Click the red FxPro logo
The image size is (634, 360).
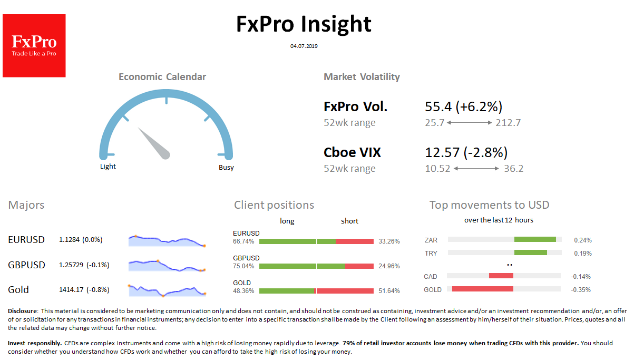[x=34, y=46]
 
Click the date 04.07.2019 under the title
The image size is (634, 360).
[x=304, y=46]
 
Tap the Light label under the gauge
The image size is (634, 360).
[x=108, y=167]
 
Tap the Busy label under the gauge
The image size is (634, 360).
[x=226, y=168]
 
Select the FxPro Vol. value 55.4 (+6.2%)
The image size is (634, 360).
[x=463, y=107]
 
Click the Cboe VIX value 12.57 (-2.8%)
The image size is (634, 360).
[x=466, y=153]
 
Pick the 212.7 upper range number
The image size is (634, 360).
[x=508, y=123]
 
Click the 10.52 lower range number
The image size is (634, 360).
[x=437, y=169]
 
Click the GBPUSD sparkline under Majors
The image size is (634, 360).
[x=167, y=265]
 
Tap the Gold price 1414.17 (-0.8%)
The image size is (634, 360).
[x=84, y=289]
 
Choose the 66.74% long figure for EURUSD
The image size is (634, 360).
[x=243, y=241]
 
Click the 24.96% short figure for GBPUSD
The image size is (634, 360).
[x=389, y=266]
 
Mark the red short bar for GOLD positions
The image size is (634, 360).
[x=345, y=291]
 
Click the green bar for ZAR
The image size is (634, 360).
[x=535, y=239]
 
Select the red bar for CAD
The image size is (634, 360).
[x=501, y=276]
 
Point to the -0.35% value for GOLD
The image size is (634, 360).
[x=581, y=289]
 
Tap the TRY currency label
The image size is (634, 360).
[x=431, y=253]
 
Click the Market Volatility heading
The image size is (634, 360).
[x=362, y=77]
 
